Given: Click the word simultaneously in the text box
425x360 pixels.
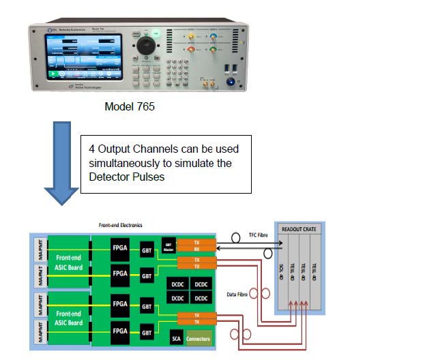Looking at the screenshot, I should (x=123, y=164).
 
